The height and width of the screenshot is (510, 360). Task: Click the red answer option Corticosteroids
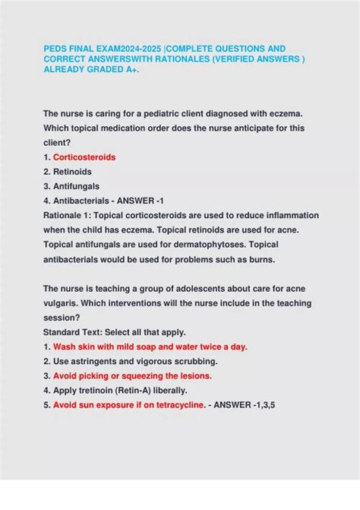point(84,157)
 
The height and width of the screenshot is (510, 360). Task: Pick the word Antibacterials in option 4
point(83,201)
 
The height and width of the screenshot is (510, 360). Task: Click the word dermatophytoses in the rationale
point(204,244)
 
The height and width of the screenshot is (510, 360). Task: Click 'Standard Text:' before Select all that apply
point(74,331)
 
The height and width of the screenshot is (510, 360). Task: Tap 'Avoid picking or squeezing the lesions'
point(133,375)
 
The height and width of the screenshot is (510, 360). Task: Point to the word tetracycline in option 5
point(174,404)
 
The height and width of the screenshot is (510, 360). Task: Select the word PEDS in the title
point(55,48)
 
